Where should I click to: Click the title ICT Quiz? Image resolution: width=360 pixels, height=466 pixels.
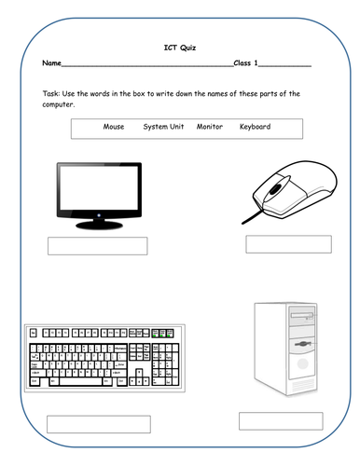click(180, 48)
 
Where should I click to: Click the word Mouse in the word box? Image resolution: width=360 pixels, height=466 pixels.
click(114, 127)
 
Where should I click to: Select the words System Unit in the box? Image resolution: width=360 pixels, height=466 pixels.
click(163, 127)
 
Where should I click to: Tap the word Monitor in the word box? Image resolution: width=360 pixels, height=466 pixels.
click(210, 127)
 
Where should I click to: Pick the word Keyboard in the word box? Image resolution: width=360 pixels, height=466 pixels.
click(255, 127)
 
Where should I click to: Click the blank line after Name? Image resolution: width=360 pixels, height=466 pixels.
click(147, 66)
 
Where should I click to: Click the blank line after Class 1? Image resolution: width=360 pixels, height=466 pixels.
click(284, 66)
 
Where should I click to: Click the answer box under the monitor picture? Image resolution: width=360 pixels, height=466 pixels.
click(98, 246)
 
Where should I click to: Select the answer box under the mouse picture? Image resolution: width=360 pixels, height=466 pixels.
click(288, 244)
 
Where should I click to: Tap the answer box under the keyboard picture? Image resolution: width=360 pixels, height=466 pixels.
click(99, 424)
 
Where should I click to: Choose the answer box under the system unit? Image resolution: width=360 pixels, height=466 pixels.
click(281, 421)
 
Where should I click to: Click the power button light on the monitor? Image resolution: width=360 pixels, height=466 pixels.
click(99, 215)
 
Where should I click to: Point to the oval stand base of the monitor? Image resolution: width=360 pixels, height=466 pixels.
click(99, 226)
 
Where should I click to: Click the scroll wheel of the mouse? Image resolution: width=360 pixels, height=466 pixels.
click(276, 188)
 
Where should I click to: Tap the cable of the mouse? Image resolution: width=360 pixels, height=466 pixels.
click(252, 217)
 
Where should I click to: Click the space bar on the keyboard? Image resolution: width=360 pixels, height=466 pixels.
click(81, 381)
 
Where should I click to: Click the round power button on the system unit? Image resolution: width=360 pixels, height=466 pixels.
click(302, 363)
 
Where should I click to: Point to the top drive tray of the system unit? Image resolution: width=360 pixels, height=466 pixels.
click(301, 316)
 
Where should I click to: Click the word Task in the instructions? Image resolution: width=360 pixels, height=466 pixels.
click(51, 93)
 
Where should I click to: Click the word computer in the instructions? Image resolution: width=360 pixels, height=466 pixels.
click(59, 104)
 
